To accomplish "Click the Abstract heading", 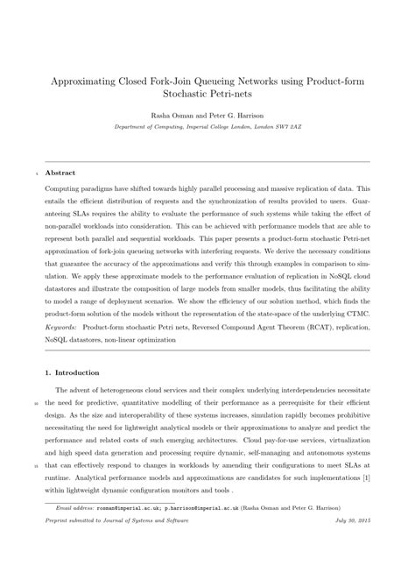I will [60, 173].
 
